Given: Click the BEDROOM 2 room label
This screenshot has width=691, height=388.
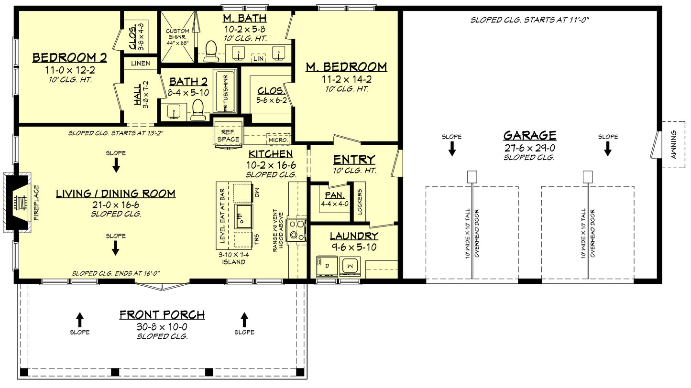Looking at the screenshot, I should click(x=69, y=58).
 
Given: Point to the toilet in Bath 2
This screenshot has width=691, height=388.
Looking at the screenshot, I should click(x=197, y=110).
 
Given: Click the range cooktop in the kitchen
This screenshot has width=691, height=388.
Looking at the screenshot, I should click(x=296, y=229).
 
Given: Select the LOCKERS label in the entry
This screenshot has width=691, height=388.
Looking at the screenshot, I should click(x=360, y=201).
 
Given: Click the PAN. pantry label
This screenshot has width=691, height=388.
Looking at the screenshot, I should click(x=332, y=195).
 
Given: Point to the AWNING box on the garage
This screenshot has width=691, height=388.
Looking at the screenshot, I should click(x=673, y=145).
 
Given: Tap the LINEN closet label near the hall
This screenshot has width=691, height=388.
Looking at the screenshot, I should click(x=141, y=63).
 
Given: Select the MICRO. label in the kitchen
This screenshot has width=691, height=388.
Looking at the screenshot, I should click(x=278, y=140).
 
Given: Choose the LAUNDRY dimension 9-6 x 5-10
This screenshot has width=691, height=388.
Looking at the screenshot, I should click(x=353, y=248).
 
